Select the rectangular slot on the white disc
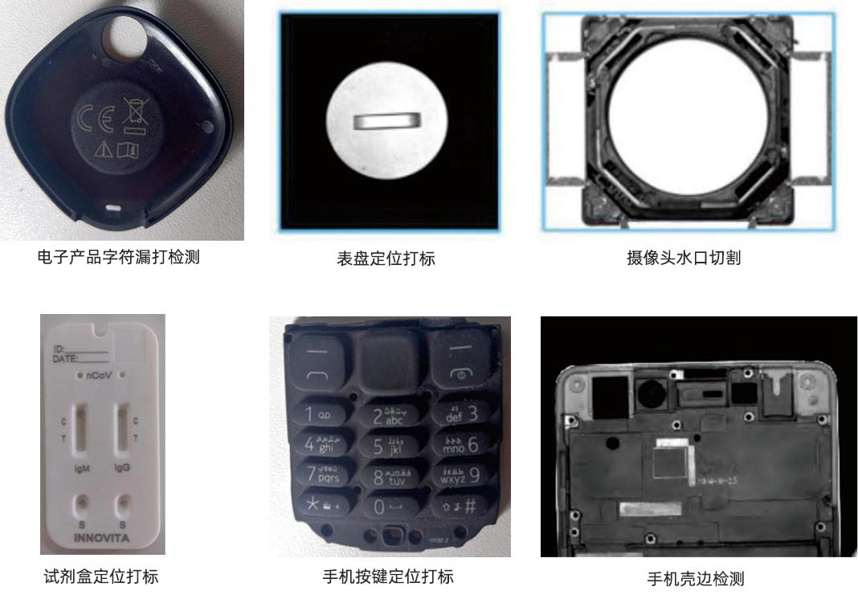(386, 120)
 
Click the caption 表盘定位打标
(386, 259)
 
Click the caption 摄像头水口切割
(683, 259)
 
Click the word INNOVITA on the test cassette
(103, 536)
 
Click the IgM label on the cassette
(82, 467)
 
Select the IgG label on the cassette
(122, 467)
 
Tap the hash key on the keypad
(460, 506)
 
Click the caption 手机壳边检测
(696, 579)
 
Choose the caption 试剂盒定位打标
(100, 577)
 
